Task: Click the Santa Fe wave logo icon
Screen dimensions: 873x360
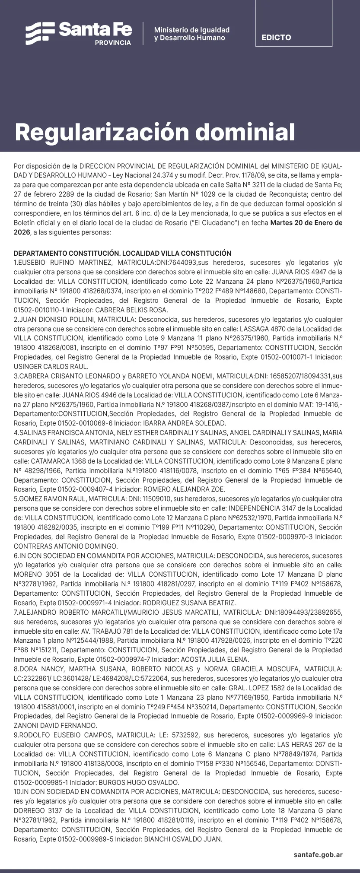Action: pos(40,33)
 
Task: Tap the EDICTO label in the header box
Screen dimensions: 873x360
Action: pos(276,38)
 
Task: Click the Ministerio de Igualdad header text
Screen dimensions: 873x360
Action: pos(191,30)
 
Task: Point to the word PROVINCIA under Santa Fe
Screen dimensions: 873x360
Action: pos(113,43)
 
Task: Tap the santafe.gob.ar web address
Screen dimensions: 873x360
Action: pos(318,854)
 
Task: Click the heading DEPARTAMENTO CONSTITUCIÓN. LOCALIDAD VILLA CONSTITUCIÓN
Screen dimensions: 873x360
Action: pos(122,253)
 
